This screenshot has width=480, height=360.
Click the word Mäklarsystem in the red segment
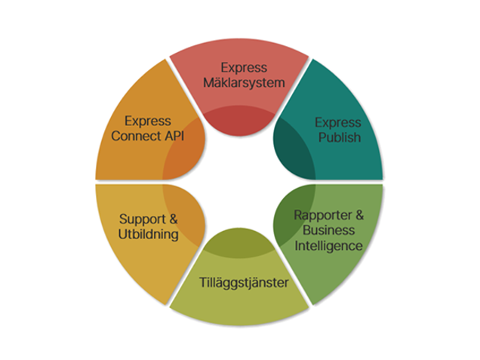(239, 82)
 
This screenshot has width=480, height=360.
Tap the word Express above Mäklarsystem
(239, 68)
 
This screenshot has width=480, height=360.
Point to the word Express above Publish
(338, 122)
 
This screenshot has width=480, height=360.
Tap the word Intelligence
(329, 246)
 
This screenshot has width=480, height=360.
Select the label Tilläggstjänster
(239, 283)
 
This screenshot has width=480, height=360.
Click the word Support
(143, 220)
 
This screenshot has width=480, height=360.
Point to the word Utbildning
(149, 234)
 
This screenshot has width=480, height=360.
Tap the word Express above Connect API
(149, 121)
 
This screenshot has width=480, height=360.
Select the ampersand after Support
(173, 220)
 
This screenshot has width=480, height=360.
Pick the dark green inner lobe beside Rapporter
(288, 219)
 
